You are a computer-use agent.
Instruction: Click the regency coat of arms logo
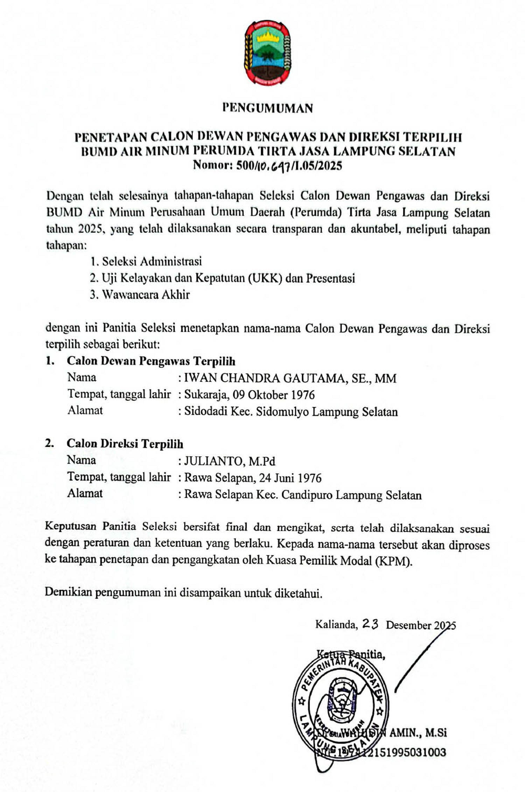click(267, 53)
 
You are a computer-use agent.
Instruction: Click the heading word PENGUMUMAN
click(267, 108)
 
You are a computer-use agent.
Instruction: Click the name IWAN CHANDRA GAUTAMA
click(265, 378)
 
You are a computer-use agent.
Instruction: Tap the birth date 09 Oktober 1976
click(281, 395)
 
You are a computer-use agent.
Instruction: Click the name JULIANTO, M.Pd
click(230, 461)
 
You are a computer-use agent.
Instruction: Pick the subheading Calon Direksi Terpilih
click(125, 444)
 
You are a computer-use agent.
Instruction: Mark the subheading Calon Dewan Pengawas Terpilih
click(151, 361)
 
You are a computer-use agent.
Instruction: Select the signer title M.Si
click(435, 733)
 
